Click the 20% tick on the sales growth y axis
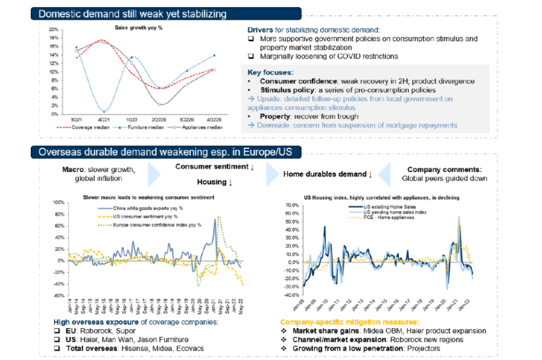pyautogui.click(x=53, y=30)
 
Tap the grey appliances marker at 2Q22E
pyautogui.click(x=159, y=104)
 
